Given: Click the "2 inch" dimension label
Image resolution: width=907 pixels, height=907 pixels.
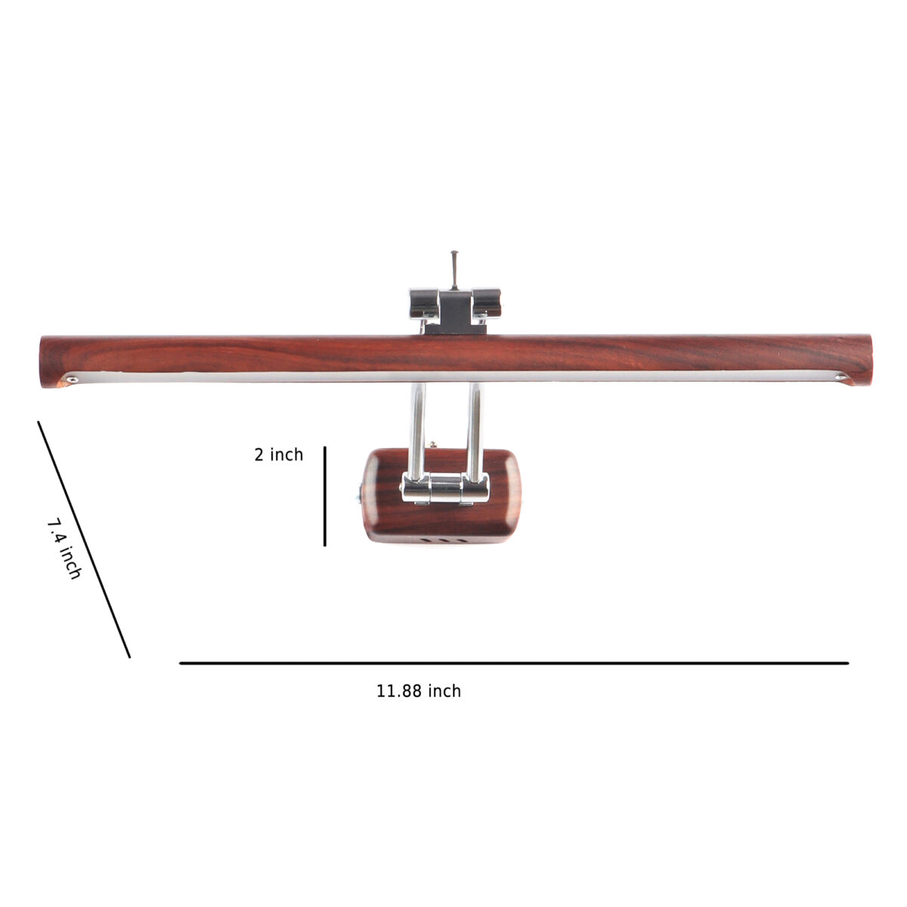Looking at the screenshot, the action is (x=279, y=455).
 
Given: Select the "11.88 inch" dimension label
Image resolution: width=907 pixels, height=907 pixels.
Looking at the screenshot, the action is (x=419, y=692).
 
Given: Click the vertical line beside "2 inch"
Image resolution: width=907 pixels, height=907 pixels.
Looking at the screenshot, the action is (x=325, y=496).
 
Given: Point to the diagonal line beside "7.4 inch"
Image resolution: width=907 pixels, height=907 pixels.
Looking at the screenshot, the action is (x=84, y=540).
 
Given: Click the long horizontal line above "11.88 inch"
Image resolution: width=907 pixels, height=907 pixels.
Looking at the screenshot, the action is (x=514, y=663).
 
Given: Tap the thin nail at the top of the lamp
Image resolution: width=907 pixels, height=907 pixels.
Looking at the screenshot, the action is (x=454, y=270).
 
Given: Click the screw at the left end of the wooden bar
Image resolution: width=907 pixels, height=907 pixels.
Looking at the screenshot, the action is (x=72, y=379).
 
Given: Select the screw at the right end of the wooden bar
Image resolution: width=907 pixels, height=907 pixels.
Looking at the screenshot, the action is (x=840, y=376).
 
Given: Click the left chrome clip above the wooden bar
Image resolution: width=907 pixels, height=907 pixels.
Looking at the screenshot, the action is (x=424, y=303).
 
